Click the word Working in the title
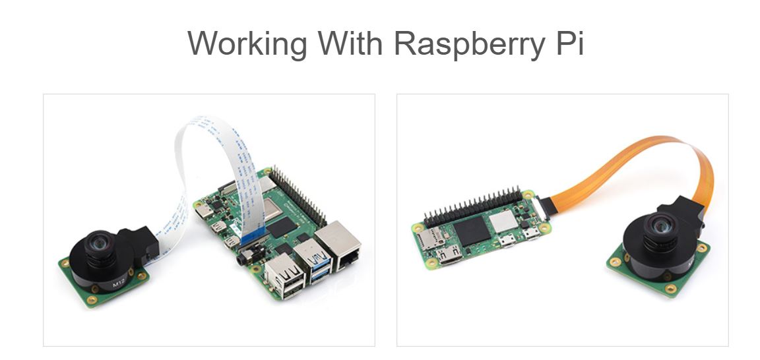(247, 44)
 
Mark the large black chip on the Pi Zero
(470, 231)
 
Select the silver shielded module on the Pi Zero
(504, 222)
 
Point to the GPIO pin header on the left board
(301, 192)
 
